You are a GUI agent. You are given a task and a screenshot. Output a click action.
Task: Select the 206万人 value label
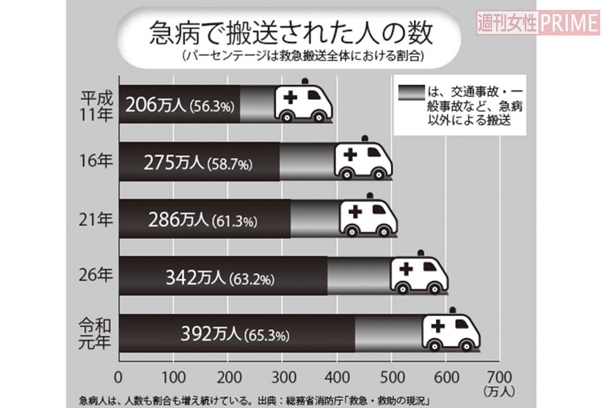coord(156,105)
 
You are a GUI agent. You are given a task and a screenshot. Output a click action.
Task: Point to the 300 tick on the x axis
coord(284,378)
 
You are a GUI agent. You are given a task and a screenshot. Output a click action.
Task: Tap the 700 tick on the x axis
coord(500,378)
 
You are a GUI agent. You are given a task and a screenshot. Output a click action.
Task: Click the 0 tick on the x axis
coord(119,378)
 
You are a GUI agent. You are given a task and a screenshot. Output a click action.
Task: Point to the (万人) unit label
coord(499,391)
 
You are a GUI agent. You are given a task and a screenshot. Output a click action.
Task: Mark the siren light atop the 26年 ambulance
coord(421,254)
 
